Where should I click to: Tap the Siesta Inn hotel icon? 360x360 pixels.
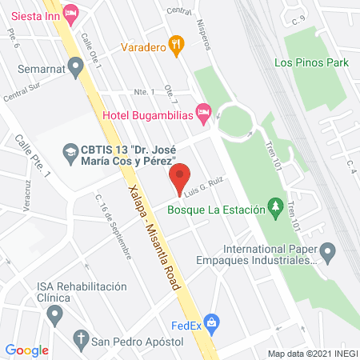(70, 12)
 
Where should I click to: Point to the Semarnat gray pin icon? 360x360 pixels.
(76, 70)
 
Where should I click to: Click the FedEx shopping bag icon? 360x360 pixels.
(211, 325)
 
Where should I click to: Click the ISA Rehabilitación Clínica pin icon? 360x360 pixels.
(54, 314)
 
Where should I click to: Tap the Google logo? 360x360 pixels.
(27, 350)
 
